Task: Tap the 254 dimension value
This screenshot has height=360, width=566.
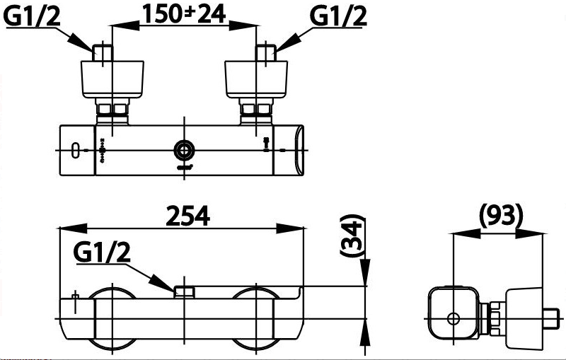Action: tap(187, 216)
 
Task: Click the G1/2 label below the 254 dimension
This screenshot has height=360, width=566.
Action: tap(101, 252)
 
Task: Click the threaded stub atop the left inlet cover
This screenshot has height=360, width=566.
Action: tap(104, 53)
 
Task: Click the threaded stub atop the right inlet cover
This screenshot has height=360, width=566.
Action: tap(265, 53)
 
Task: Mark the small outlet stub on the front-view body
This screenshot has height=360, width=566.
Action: tap(185, 291)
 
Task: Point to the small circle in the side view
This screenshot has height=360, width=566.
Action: tap(452, 318)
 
